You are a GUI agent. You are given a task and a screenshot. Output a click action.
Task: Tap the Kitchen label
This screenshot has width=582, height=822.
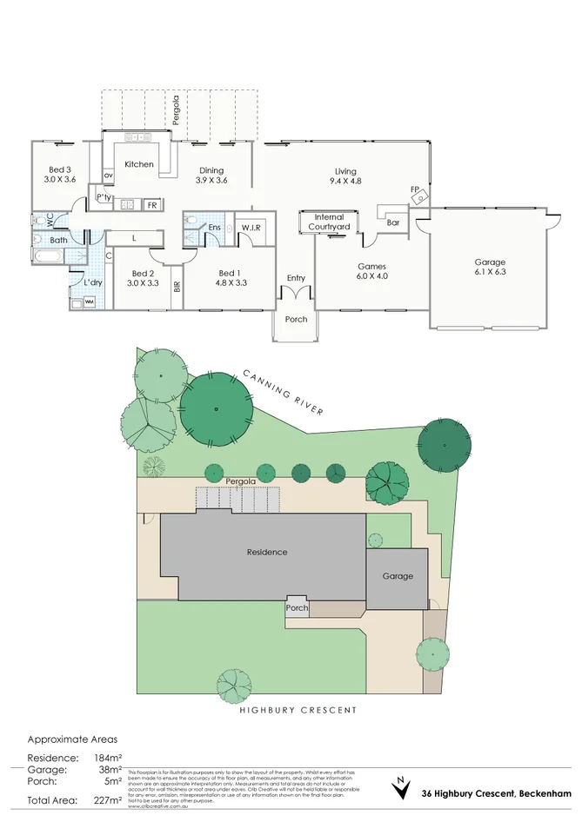pyautogui.click(x=139, y=164)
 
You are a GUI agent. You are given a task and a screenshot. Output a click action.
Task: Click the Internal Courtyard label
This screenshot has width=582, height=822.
pyautogui.click(x=329, y=222)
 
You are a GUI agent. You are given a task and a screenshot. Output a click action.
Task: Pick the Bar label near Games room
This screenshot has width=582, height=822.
pyautogui.click(x=393, y=222)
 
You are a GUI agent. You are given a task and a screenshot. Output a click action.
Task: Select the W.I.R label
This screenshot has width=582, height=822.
pyautogui.click(x=252, y=228)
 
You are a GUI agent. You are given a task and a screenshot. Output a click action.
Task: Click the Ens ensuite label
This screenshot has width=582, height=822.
pyautogui.click(x=214, y=228)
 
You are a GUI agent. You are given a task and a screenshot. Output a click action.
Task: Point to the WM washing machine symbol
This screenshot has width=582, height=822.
pyautogui.click(x=89, y=302)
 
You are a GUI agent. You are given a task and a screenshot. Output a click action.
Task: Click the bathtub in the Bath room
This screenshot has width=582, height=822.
pyautogui.click(x=49, y=256)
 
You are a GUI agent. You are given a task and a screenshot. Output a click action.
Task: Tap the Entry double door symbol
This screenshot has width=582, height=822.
pyautogui.click(x=296, y=294)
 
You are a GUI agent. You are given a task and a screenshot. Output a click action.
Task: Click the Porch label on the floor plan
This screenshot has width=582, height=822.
pyautogui.click(x=296, y=319)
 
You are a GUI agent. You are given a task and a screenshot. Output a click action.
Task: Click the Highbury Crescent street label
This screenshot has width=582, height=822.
pyautogui.click(x=298, y=710)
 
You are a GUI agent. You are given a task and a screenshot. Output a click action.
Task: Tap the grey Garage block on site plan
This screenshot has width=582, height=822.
pyautogui.click(x=398, y=576)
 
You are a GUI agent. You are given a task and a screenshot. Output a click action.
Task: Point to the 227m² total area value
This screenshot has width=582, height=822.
pyautogui.click(x=108, y=800)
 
